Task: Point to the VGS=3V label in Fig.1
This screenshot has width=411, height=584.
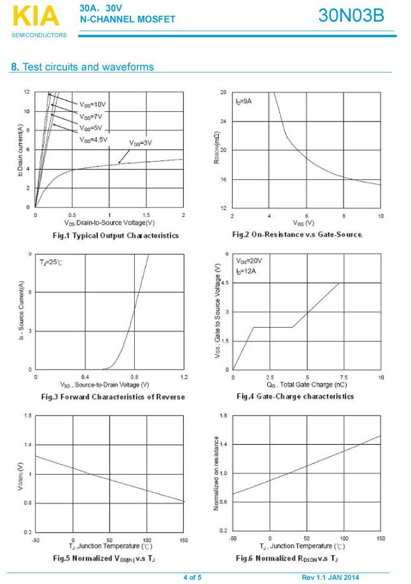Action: click(141, 143)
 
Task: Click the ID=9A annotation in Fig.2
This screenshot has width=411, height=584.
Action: click(244, 102)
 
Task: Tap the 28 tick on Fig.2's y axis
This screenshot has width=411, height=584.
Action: click(223, 92)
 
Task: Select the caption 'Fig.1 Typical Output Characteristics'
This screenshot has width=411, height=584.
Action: click(115, 235)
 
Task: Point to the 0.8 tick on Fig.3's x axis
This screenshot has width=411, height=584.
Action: click(134, 377)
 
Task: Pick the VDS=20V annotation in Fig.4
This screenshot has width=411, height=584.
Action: click(249, 261)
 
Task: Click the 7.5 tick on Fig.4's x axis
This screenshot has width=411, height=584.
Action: click(344, 377)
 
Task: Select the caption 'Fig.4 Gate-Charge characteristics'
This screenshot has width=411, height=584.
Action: click(295, 396)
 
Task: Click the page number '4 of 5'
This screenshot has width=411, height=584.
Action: click(192, 577)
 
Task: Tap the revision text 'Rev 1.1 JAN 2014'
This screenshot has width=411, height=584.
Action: click(330, 577)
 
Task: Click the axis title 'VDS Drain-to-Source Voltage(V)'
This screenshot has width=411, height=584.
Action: click(109, 223)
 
